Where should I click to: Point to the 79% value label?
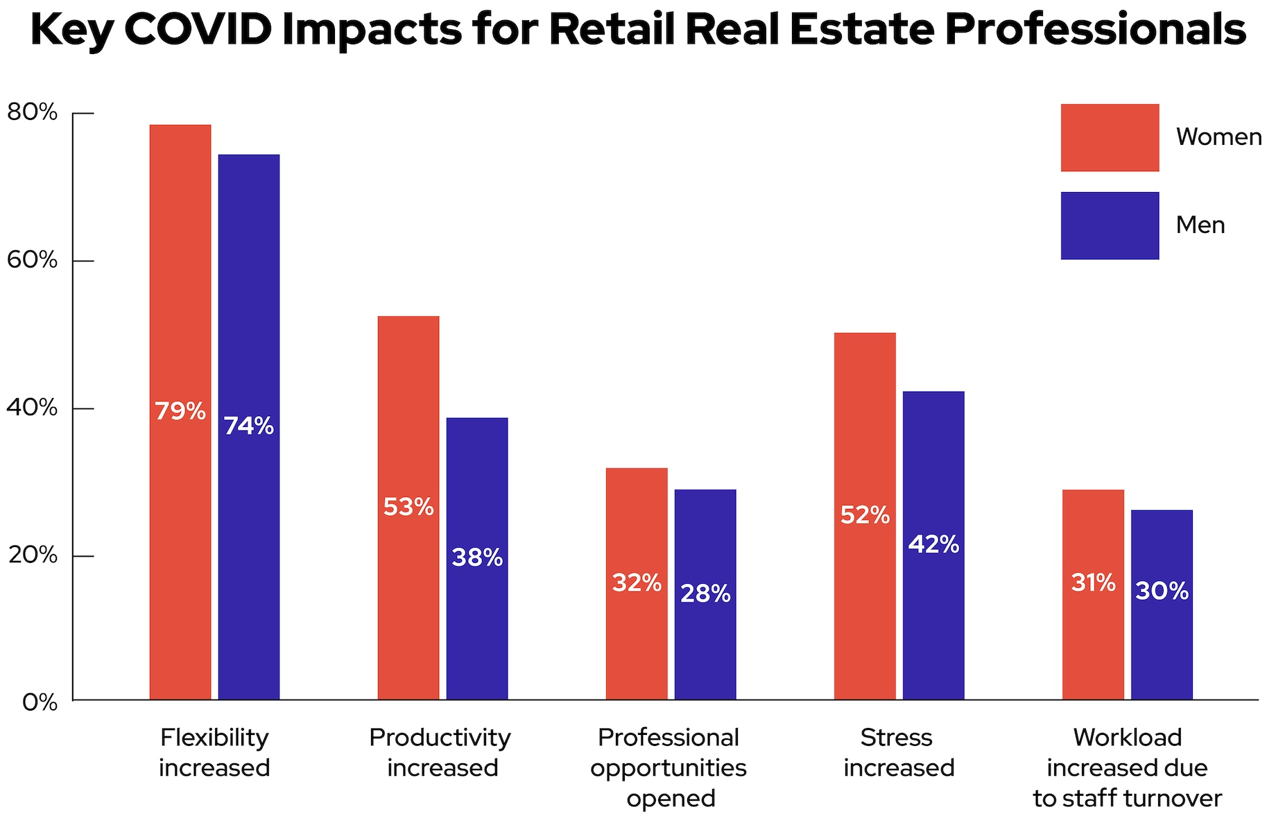[180, 412]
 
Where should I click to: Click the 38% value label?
[477, 557]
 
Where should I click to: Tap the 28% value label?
[705, 594]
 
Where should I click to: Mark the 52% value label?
[865, 515]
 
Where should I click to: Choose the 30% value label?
[1162, 591]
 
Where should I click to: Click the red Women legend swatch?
[1110, 137]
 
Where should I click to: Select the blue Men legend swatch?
[1110, 225]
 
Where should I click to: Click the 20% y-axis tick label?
[33, 555]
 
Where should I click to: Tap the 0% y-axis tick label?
[40, 702]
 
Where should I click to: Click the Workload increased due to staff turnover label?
[1127, 768]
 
